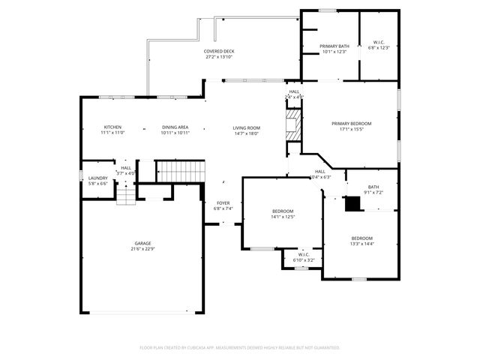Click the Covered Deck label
pyautogui.click(x=219, y=54)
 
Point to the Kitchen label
pyautogui.click(x=112, y=130)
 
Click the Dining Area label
pyautogui.click(x=175, y=130)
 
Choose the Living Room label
pyautogui.click(x=246, y=130)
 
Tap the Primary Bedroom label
pyautogui.click(x=352, y=126)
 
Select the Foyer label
pyautogui.click(x=223, y=205)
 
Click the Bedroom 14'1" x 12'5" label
pyautogui.click(x=283, y=214)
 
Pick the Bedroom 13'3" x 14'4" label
pyautogui.click(x=362, y=241)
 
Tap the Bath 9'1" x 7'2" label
pyautogui.click(x=373, y=190)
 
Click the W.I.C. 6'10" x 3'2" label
pyautogui.click(x=304, y=256)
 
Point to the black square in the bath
pyautogui.click(x=352, y=202)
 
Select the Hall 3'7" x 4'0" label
pyautogui.click(x=126, y=170)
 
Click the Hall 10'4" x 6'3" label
pyautogui.click(x=320, y=174)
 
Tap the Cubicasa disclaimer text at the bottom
pyautogui.click(x=240, y=347)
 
